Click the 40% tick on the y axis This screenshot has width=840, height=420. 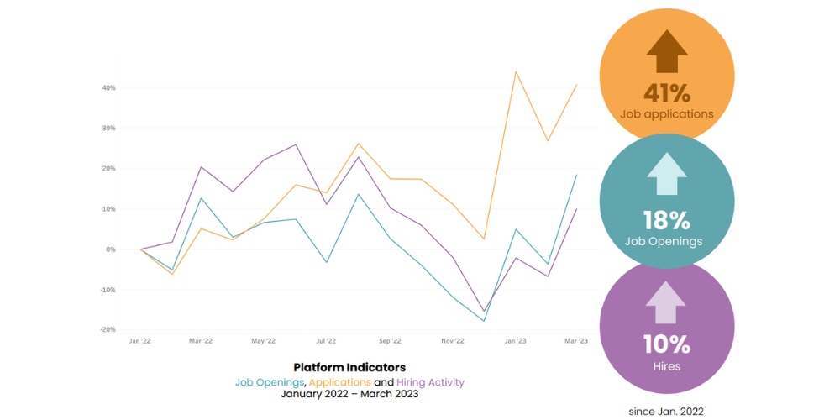pyautogui.click(x=109, y=88)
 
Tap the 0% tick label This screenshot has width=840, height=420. pyautogui.click(x=111, y=249)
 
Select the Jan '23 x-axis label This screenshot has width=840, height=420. pyautogui.click(x=515, y=341)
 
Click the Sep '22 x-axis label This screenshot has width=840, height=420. pyautogui.click(x=390, y=341)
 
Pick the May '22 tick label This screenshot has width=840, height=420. pyautogui.click(x=264, y=341)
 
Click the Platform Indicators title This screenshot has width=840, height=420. pyautogui.click(x=349, y=367)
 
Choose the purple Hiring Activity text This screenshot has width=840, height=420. pyautogui.click(x=430, y=382)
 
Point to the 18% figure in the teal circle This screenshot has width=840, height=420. pyautogui.click(x=667, y=221)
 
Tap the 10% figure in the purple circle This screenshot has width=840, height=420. pyautogui.click(x=667, y=344)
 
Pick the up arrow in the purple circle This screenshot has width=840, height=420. pyautogui.click(x=667, y=302)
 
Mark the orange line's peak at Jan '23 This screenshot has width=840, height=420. pyautogui.click(x=516, y=71)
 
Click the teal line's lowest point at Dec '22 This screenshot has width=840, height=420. pyautogui.click(x=484, y=321)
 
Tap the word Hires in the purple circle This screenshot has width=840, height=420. pyautogui.click(x=667, y=366)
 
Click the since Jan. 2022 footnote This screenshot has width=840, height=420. pyautogui.click(x=667, y=412)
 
